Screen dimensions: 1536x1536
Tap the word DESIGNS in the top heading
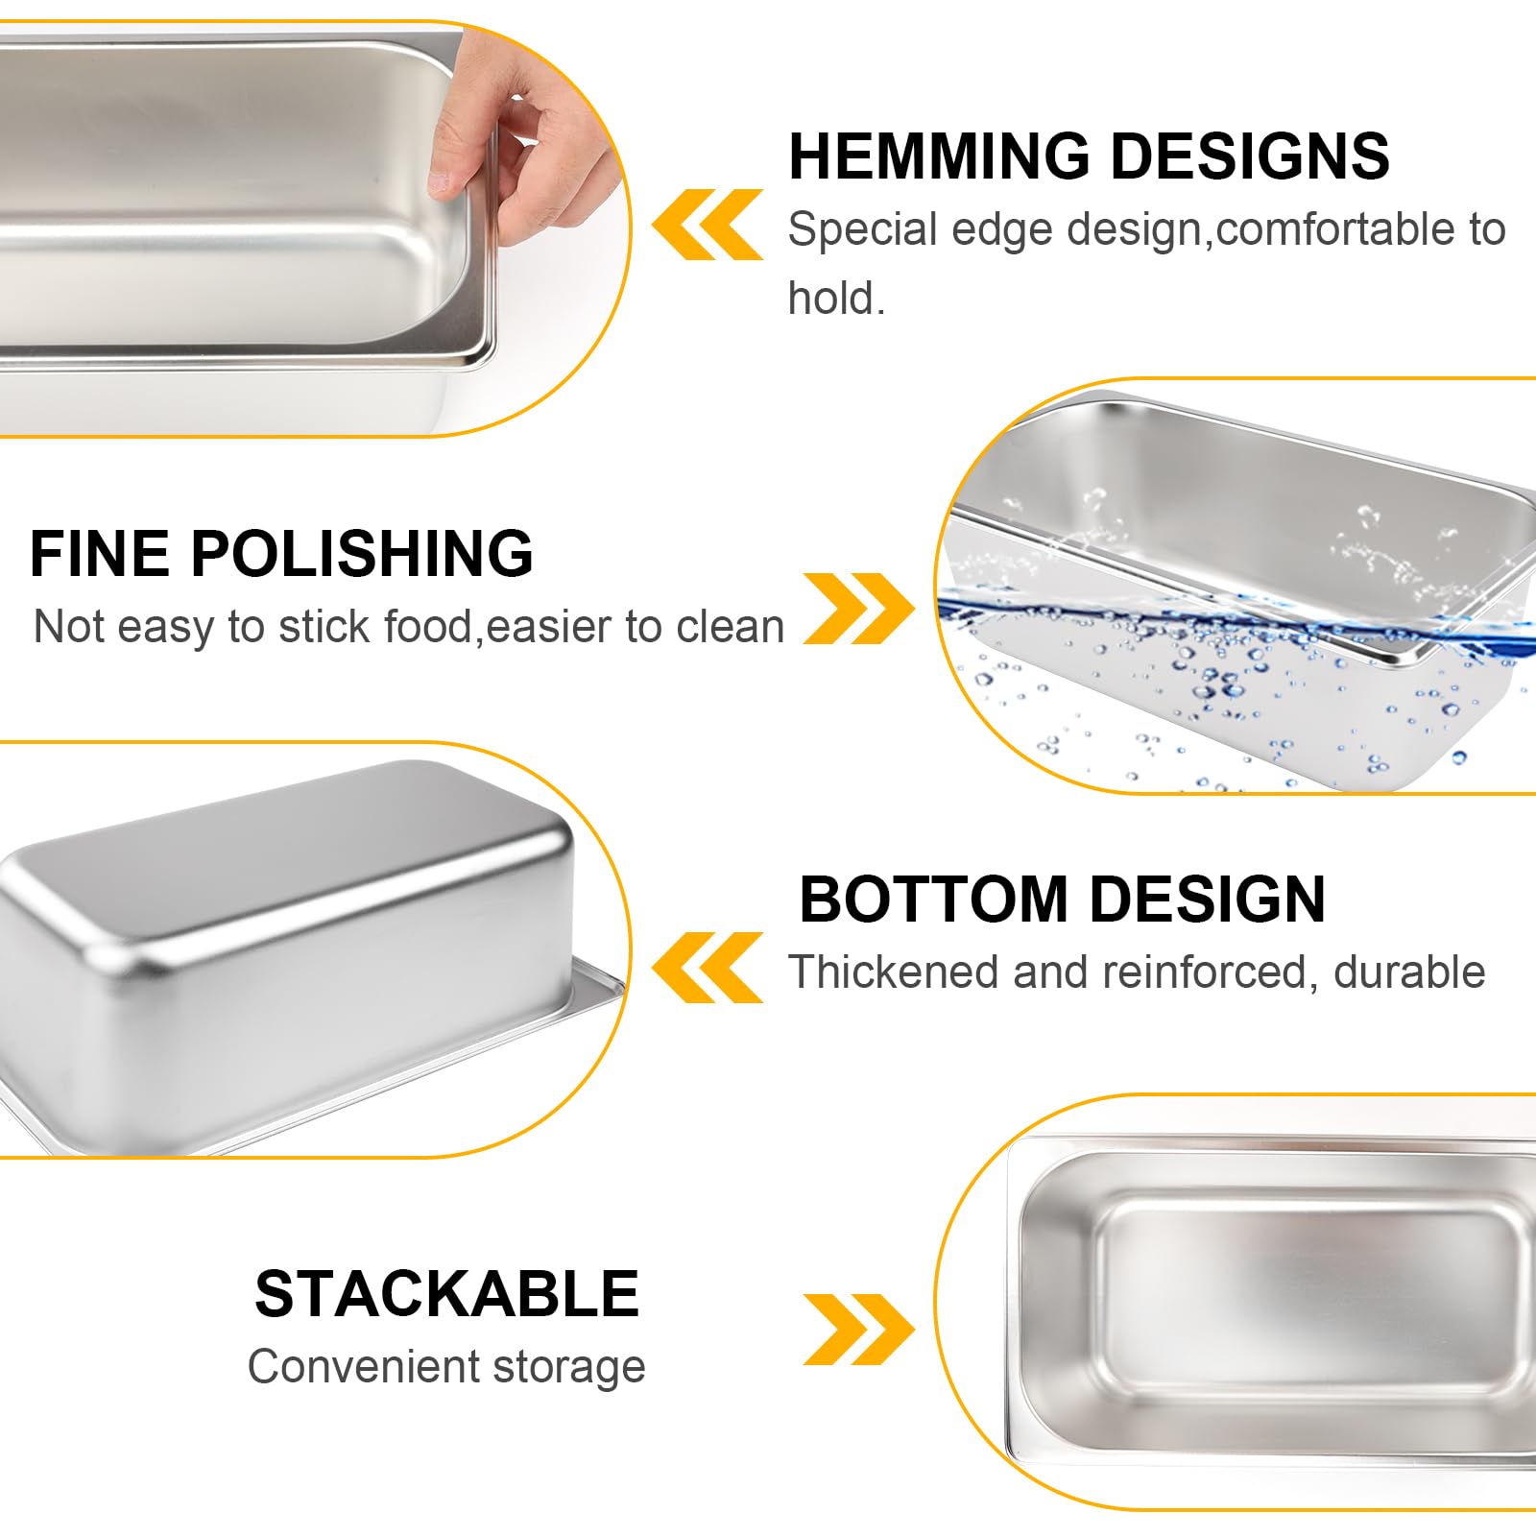tap(1249, 156)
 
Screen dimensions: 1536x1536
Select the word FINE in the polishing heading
tap(100, 554)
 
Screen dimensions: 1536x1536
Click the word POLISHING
tap(361, 554)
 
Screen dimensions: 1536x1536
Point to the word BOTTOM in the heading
tap(934, 900)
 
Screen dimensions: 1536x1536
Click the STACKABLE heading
tap(446, 1294)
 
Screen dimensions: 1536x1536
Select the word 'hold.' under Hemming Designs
tap(836, 299)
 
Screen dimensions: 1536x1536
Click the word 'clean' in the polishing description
tap(731, 627)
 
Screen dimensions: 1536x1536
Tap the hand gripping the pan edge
tap(538, 144)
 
